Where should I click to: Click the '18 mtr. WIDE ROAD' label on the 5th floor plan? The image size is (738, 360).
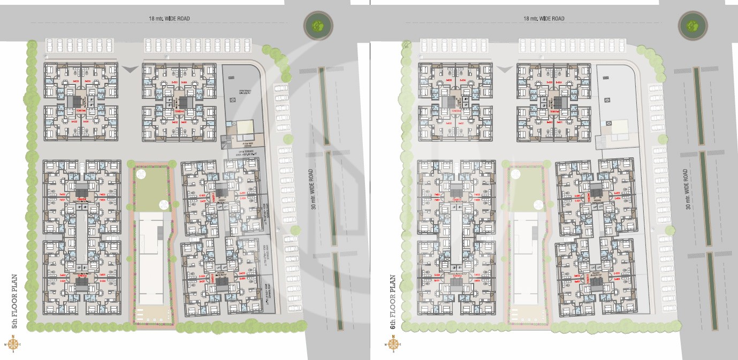169,19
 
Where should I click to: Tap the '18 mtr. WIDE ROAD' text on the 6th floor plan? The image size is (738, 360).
544,19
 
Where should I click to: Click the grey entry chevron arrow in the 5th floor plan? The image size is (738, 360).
130,68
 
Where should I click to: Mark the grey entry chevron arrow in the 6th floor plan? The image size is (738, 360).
504,68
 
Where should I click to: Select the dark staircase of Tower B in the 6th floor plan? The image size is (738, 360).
558,101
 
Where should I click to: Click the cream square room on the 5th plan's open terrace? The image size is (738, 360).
245,127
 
